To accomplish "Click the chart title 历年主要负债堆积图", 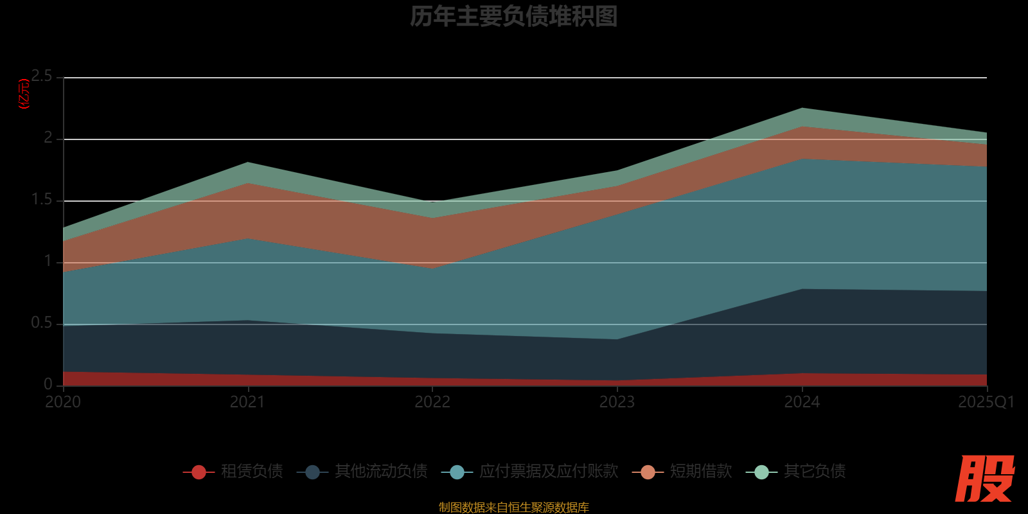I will coord(513,17).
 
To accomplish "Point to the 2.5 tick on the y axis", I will coord(42,76).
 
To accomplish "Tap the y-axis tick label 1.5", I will coord(42,200).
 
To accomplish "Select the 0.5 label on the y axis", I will coord(42,323).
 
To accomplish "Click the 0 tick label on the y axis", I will coord(48,384).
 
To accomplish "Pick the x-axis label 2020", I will coord(63,402).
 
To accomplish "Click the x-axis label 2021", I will coord(247,402).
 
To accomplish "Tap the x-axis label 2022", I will coord(432,402).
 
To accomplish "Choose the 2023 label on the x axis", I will coord(617,402).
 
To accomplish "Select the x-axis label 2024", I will coord(801,402).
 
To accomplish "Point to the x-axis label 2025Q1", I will coord(986,402).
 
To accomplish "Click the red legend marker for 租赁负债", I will coord(199,472).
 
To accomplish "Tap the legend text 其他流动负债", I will coord(381,472).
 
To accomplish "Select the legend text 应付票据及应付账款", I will coord(549,472).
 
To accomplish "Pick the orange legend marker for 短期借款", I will coord(648,472).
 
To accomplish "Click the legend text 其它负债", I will coord(815,472).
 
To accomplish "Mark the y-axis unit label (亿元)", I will coord(24,94).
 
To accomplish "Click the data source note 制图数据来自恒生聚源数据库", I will coord(513,508).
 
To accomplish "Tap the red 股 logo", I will coord(984,479).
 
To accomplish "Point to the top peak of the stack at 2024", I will coord(802,109).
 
